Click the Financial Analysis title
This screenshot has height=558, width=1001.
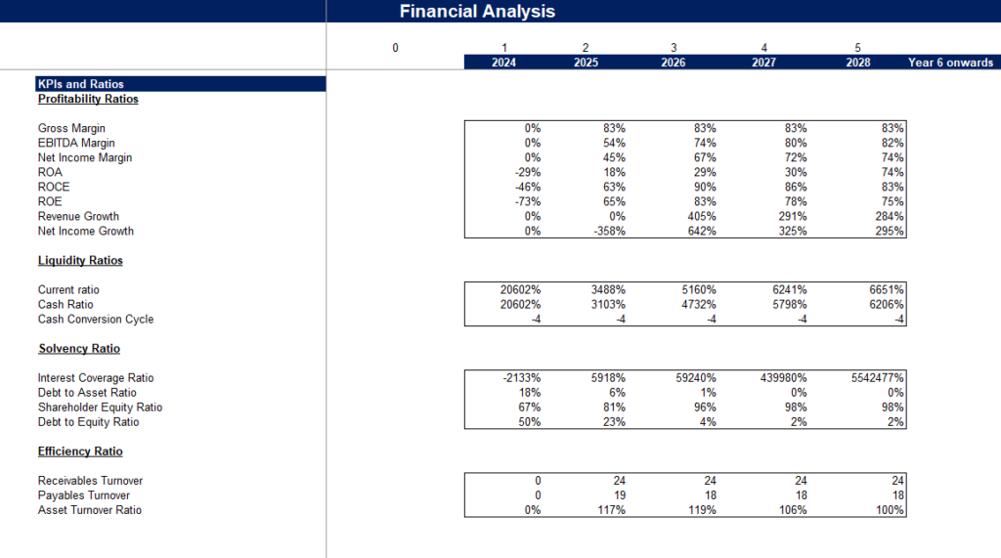coord(477,12)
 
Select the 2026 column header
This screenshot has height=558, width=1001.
coord(673,63)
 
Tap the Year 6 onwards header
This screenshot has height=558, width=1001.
coord(950,63)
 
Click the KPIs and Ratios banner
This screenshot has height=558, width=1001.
coord(81,84)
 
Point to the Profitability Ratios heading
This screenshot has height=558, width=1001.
coord(88,99)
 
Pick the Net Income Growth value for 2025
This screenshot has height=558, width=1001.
coord(607,232)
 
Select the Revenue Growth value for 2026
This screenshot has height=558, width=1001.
coord(698,217)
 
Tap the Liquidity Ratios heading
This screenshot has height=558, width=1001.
coord(80,261)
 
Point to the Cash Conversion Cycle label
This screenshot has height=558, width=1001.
coord(96,320)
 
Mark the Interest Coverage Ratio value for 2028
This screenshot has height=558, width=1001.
coord(871,378)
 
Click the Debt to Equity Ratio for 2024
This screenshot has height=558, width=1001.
coord(528,422)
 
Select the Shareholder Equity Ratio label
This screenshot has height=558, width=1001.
coord(100,408)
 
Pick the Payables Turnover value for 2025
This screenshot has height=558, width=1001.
coord(619,495)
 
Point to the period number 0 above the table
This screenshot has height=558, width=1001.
coord(395,48)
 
